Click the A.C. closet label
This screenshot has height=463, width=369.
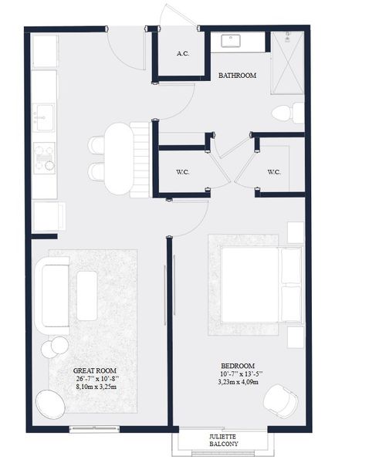coord(183,54)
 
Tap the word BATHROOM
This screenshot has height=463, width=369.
coord(237,76)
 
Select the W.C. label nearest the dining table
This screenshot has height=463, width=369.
coord(183,172)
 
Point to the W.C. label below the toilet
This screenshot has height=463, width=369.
coord(273,172)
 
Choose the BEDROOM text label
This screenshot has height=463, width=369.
coord(237,366)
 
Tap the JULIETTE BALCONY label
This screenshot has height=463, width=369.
coord(223,440)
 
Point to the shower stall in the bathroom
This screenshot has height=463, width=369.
coord(289,62)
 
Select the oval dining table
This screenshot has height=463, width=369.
coord(117,158)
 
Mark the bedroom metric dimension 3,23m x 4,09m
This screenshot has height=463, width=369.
coord(237,383)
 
